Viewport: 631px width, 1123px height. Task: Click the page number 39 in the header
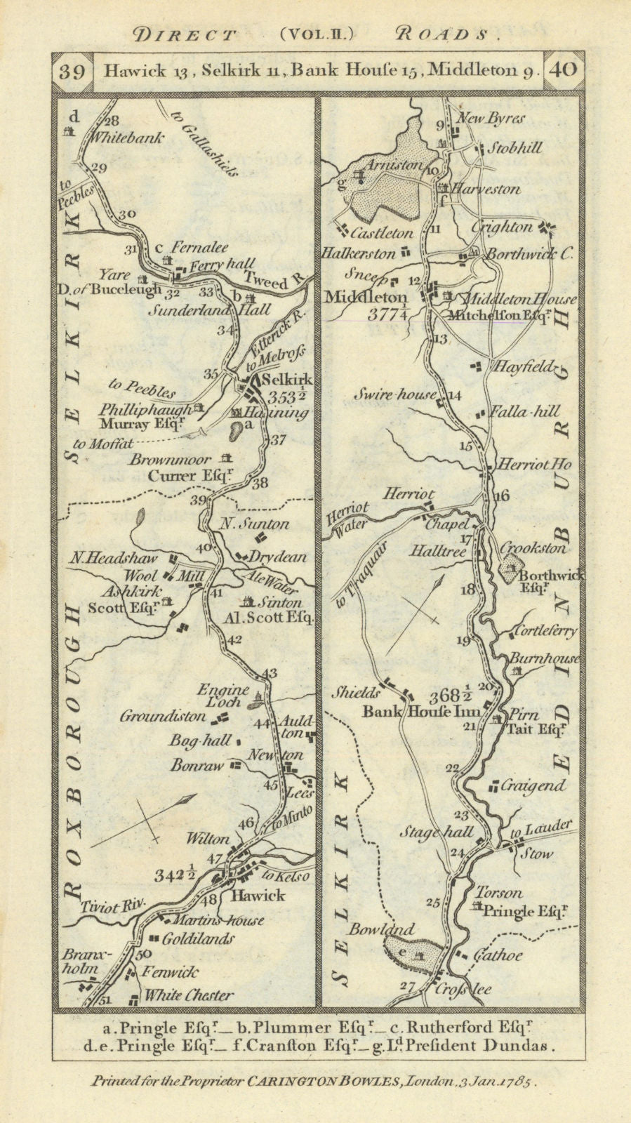[x=73, y=71]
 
